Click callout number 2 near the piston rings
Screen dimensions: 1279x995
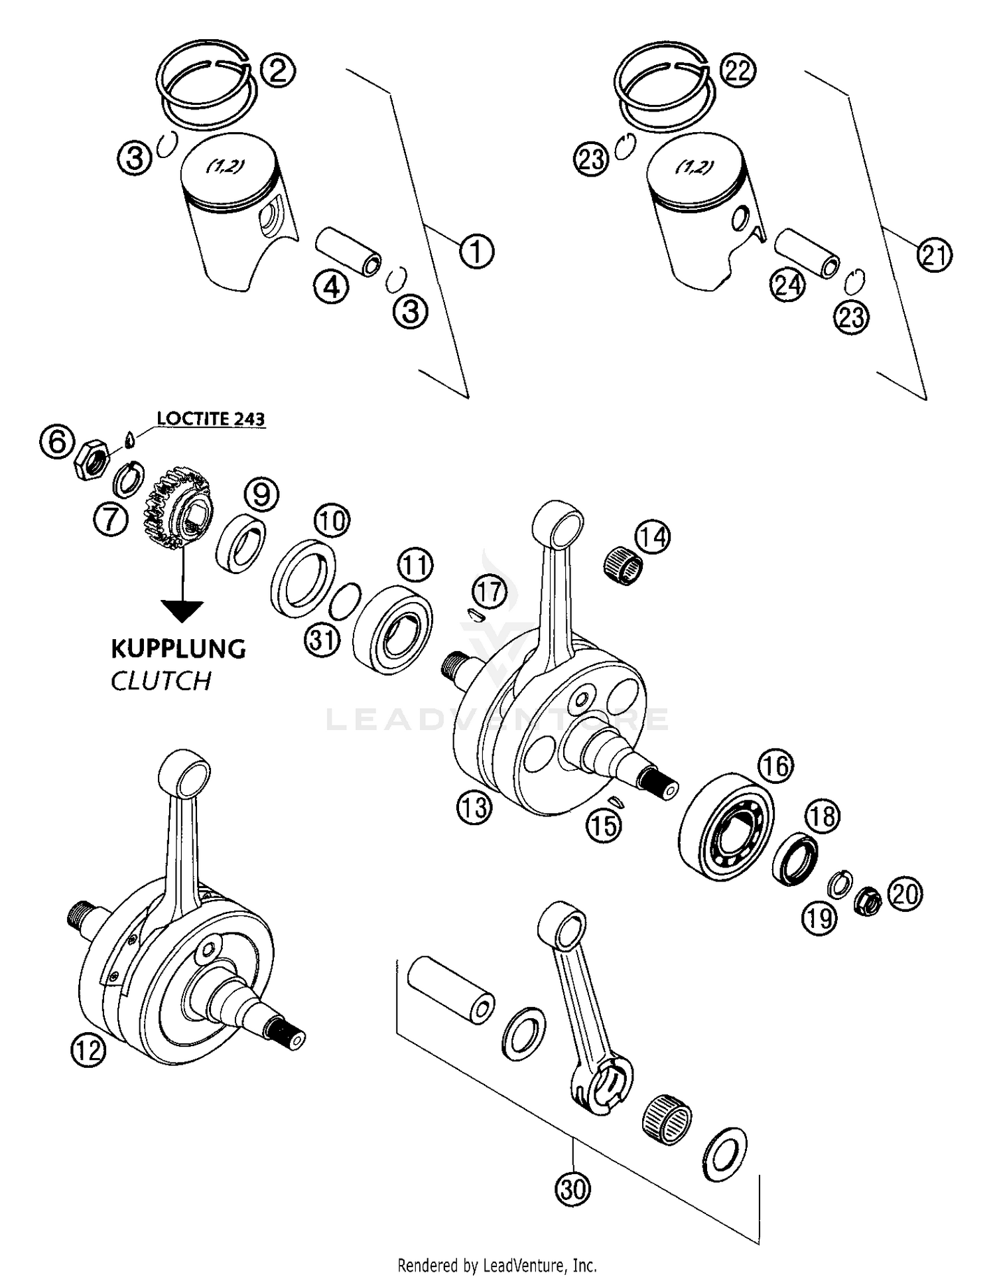tap(277, 70)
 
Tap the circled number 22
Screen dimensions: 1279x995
tap(737, 70)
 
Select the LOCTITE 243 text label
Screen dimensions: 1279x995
tap(211, 419)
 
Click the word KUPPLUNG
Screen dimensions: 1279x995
tap(178, 648)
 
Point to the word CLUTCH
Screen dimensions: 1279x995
tap(161, 681)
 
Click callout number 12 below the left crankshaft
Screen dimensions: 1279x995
tap(88, 1051)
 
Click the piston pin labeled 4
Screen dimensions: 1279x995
tap(348, 252)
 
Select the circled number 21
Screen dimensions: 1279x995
tap(934, 256)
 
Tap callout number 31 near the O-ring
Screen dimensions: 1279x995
tap(322, 642)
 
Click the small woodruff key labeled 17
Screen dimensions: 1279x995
tap(473, 614)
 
